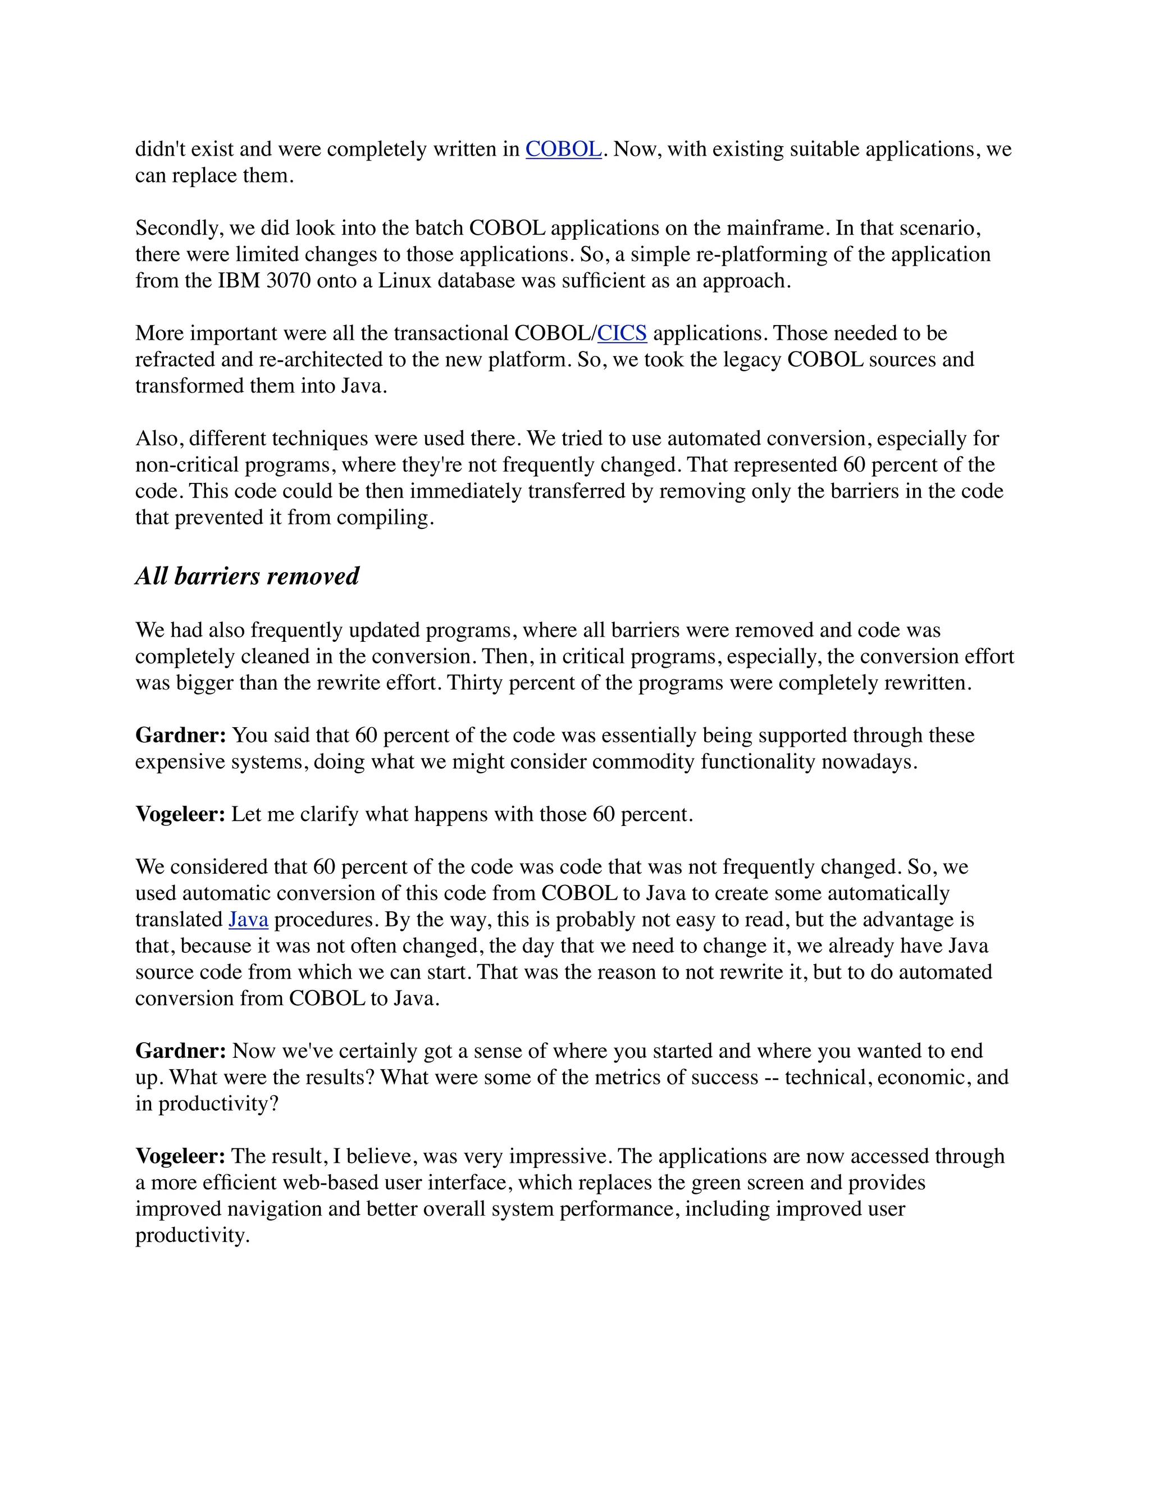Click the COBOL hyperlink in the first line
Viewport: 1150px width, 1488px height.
(563, 149)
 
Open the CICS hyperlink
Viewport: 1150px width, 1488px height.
(622, 333)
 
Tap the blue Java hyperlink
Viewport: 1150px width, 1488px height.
(248, 920)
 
